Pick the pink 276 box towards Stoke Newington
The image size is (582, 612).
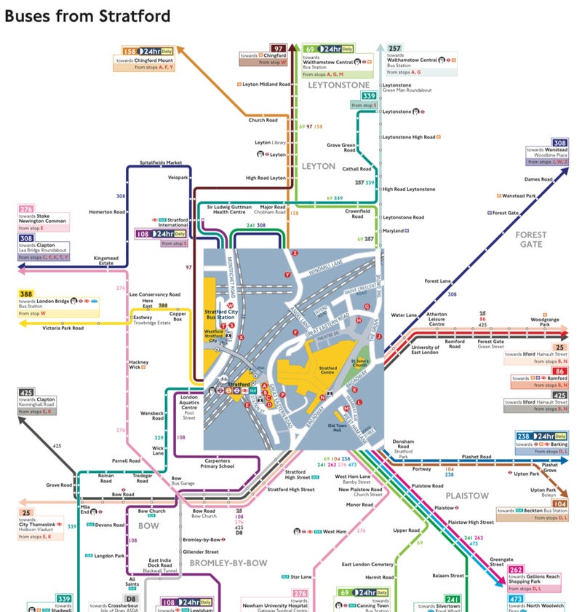click(x=26, y=209)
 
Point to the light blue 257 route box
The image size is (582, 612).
click(x=394, y=48)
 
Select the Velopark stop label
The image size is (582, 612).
click(x=178, y=176)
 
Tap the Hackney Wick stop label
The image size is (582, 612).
click(x=138, y=364)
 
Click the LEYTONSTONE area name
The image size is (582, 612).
click(x=338, y=85)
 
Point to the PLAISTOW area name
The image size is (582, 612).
click(x=467, y=495)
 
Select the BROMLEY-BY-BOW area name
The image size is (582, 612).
click(x=228, y=562)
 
